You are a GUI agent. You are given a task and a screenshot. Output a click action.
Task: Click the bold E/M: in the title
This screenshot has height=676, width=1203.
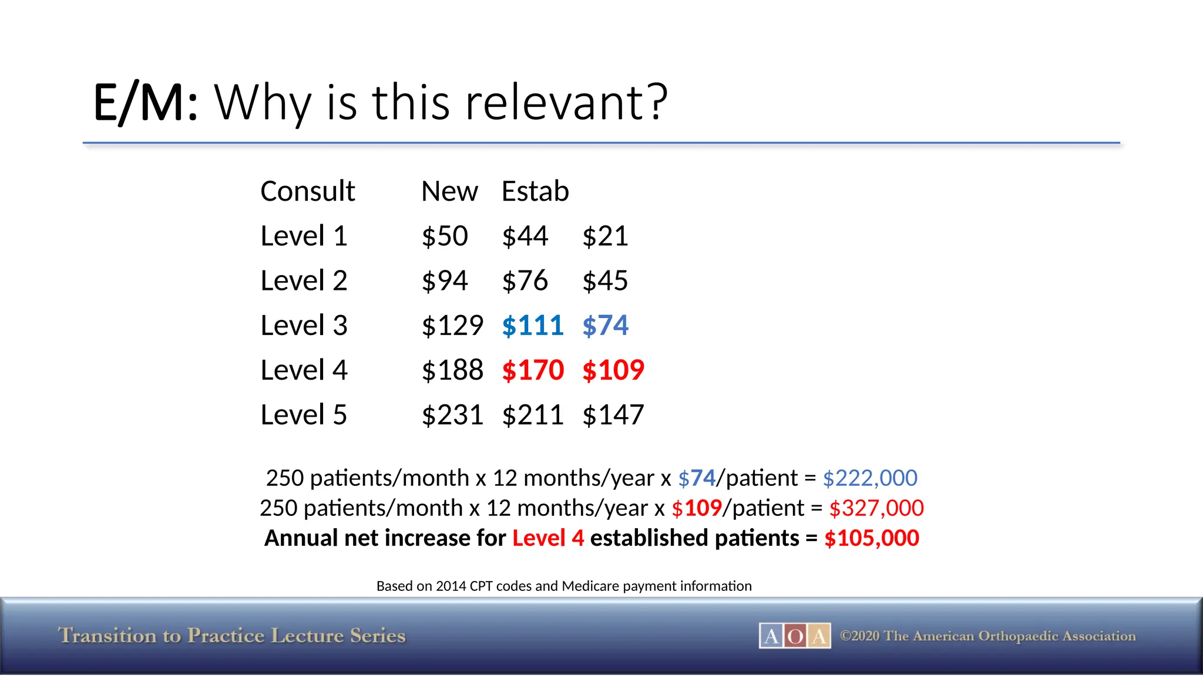tap(146, 103)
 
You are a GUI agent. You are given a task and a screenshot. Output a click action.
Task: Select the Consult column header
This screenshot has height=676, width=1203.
tap(307, 191)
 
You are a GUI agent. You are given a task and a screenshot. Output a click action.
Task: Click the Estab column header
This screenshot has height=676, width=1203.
tap(535, 191)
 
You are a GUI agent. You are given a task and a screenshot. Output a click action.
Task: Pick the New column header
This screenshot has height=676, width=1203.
tap(449, 191)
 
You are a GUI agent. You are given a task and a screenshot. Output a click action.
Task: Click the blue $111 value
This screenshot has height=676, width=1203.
tap(533, 326)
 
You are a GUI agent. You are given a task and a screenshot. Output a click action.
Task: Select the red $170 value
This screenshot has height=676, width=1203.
tap(533, 370)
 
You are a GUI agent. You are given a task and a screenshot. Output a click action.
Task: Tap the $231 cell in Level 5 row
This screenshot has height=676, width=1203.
tap(452, 415)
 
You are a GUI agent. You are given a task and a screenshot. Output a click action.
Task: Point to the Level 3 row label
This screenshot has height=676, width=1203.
tap(304, 326)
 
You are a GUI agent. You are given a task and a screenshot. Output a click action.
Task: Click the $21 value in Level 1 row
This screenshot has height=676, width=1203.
tap(605, 236)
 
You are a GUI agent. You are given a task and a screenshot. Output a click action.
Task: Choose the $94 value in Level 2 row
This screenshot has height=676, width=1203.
tap(445, 281)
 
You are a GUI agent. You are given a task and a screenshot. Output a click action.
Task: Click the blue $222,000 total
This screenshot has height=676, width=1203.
tap(870, 478)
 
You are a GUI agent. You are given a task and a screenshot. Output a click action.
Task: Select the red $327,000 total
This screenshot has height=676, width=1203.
tap(876, 508)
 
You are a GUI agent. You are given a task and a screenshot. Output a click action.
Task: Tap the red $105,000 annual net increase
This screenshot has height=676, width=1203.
tap(872, 538)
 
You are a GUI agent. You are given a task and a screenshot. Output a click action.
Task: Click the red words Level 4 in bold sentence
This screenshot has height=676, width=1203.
tap(548, 538)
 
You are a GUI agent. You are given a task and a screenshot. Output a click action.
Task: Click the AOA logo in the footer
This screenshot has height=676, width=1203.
tap(795, 636)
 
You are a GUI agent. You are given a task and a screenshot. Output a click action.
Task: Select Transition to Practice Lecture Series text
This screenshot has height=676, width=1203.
tap(232, 636)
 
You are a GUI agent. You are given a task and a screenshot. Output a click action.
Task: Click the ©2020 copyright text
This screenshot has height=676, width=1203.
tap(987, 636)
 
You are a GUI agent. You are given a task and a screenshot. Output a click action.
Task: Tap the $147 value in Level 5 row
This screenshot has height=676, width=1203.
tap(613, 415)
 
